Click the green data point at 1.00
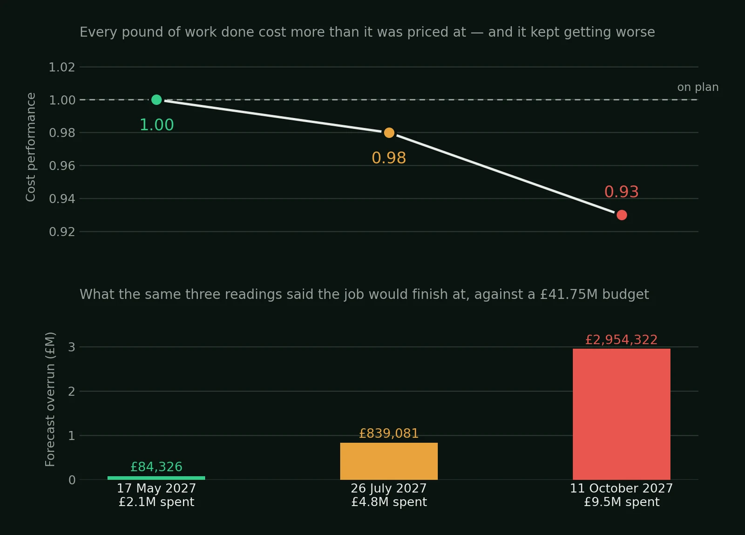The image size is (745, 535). tap(156, 100)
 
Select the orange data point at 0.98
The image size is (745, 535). tap(389, 132)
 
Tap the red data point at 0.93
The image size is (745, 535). tap(621, 215)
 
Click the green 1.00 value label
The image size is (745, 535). tap(156, 125)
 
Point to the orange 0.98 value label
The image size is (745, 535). tap(389, 158)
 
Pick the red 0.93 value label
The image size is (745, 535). tap(621, 192)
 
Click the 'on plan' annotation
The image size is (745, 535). tap(698, 87)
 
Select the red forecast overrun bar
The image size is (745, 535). tap(621, 414)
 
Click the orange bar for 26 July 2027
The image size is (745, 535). tap(389, 461)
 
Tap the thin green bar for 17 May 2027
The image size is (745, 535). tap(156, 478)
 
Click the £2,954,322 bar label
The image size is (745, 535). tap(621, 340)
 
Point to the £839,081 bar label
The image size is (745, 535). tap(389, 433)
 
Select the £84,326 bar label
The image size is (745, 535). tap(156, 467)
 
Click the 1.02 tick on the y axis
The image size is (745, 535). tap(62, 67)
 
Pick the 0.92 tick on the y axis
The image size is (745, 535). tap(62, 232)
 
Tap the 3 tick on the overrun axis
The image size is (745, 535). tap(72, 347)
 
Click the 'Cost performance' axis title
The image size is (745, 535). tap(31, 147)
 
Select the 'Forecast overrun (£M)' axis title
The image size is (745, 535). tap(50, 399)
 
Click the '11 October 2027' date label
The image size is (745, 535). tap(621, 488)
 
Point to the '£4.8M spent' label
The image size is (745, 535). tap(389, 502)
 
